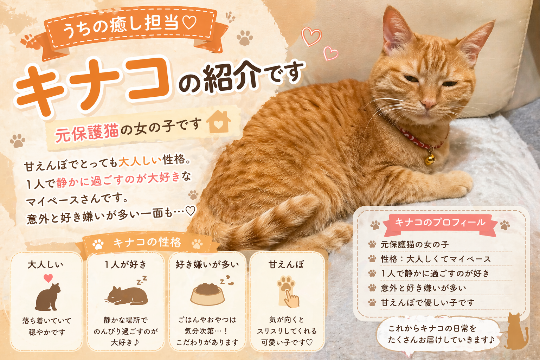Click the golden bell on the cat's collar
tap(430, 159)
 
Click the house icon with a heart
tap(218, 122)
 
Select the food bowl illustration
tap(207, 294)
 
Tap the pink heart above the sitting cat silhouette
tap(48, 278)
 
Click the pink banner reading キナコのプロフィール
tap(440, 224)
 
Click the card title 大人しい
tap(45, 265)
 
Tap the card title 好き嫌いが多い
tap(207, 265)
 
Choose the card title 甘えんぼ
tap(286, 265)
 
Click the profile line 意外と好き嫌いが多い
tap(423, 288)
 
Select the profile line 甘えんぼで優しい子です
tap(427, 302)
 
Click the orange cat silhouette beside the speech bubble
tap(516, 332)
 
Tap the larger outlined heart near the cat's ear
tap(311, 37)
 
